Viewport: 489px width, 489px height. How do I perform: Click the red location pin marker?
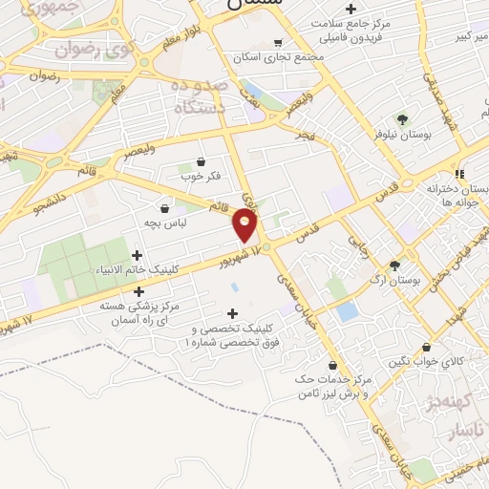tap(245, 225)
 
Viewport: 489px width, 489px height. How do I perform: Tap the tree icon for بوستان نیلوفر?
tap(402, 119)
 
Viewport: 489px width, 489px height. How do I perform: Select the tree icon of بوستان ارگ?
tap(394, 266)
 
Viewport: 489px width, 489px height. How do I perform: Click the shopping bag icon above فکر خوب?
tap(201, 161)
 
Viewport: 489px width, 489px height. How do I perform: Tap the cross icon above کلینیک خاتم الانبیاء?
tap(138, 255)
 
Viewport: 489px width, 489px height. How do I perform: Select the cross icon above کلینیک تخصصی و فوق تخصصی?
tap(231, 313)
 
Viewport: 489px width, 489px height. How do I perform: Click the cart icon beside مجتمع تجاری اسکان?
tap(278, 43)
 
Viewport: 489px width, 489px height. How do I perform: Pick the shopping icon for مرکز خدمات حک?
tap(332, 365)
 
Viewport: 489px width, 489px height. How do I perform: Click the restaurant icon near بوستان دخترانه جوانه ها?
tap(460, 174)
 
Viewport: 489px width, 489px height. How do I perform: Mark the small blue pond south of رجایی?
tap(348, 311)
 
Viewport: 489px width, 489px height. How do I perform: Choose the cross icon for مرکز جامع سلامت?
tap(351, 9)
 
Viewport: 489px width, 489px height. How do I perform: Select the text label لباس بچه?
tap(164, 222)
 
